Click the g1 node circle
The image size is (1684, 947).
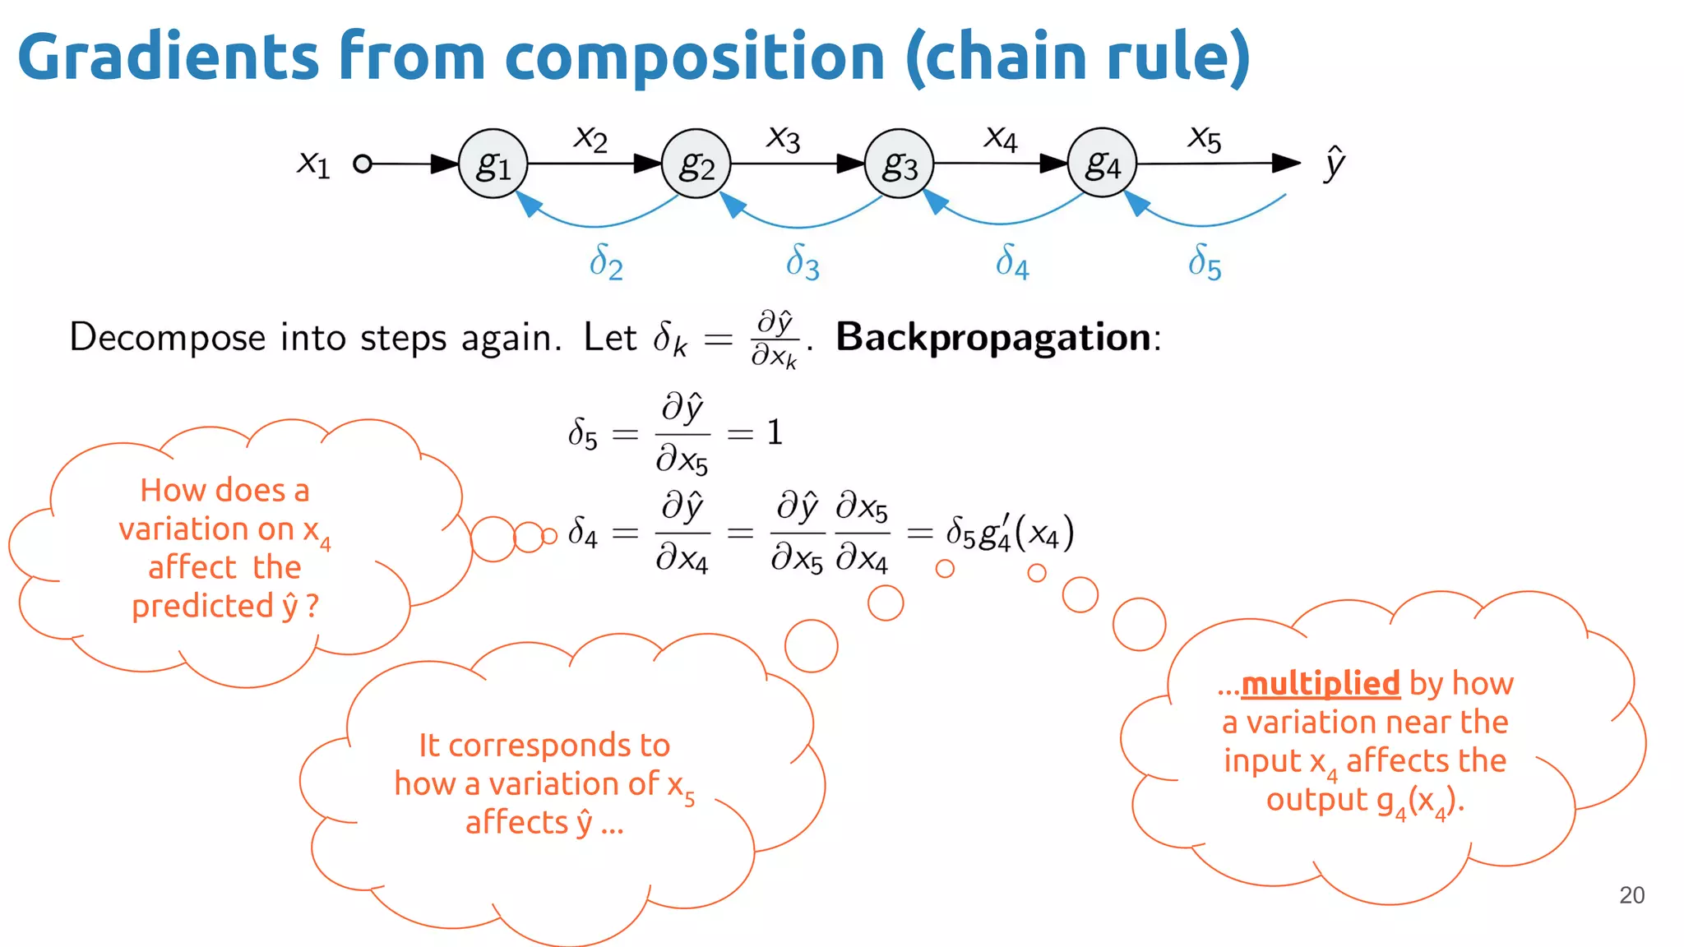pos(493,164)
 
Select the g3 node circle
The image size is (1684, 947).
pos(899,164)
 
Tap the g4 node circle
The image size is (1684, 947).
pos(1102,163)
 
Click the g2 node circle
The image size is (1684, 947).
pos(696,164)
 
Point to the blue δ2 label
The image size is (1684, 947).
pos(606,262)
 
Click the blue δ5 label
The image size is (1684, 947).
pos(1205,262)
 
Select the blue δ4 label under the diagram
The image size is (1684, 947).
pos(1012,262)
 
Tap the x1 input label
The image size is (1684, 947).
pos(313,163)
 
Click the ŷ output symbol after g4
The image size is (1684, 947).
pos(1335,163)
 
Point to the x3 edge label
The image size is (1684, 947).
pos(783,138)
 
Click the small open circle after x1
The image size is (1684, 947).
pos(362,164)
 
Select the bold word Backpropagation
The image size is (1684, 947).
pos(993,338)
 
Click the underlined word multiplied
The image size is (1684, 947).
pos(1320,684)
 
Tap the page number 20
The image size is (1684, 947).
pos(1631,895)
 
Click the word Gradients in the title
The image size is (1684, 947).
pos(169,58)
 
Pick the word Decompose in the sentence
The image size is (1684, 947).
pos(168,338)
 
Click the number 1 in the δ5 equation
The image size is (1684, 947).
pos(775,432)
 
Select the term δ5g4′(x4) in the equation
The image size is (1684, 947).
pos(1010,533)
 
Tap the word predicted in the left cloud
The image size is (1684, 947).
pos(202,607)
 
